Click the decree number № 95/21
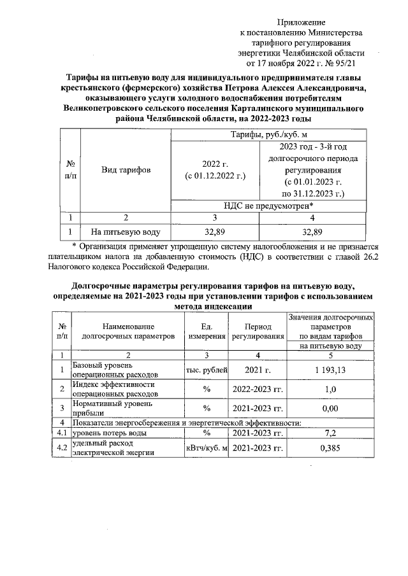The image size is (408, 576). click(346, 64)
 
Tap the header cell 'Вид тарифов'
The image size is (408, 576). click(125, 171)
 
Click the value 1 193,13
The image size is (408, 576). click(330, 370)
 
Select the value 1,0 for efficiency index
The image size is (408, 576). click(330, 389)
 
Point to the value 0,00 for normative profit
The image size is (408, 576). click(330, 408)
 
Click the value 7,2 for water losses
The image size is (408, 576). click(330, 433)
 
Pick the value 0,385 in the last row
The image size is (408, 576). click(330, 447)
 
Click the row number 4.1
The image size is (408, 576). click(62, 433)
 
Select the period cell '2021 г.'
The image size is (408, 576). click(258, 370)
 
